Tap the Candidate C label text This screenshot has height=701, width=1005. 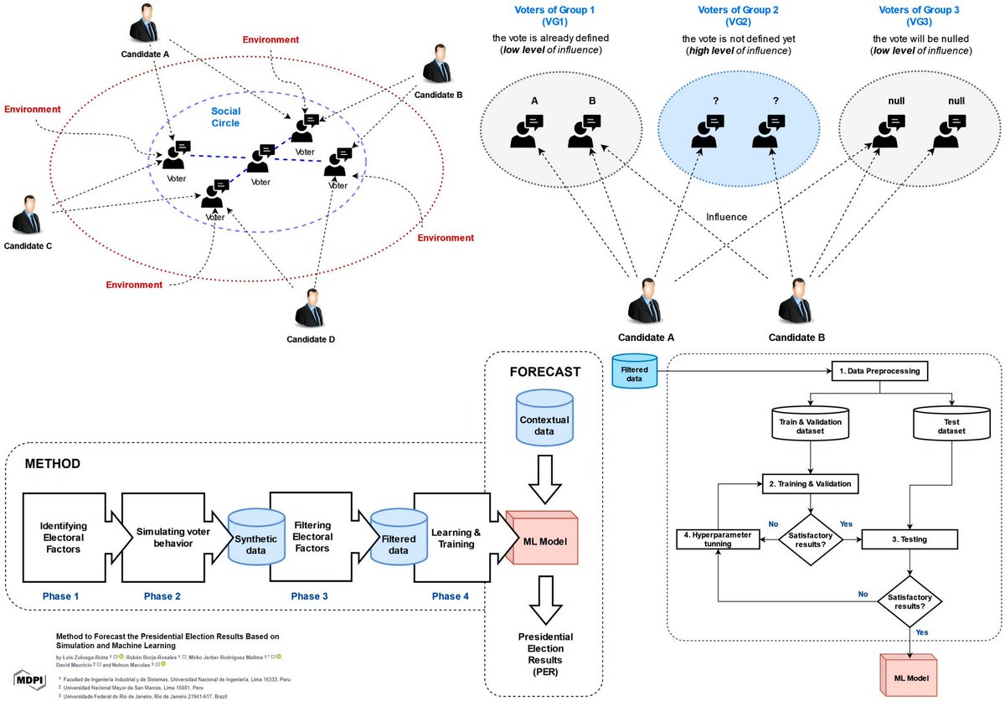tap(29, 246)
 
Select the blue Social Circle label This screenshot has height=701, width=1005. tap(226, 117)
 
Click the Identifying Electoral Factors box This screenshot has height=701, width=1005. tap(64, 537)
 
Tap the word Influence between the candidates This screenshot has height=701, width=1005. tap(726, 217)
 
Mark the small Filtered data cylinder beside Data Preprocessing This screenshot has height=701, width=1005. tap(634, 371)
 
